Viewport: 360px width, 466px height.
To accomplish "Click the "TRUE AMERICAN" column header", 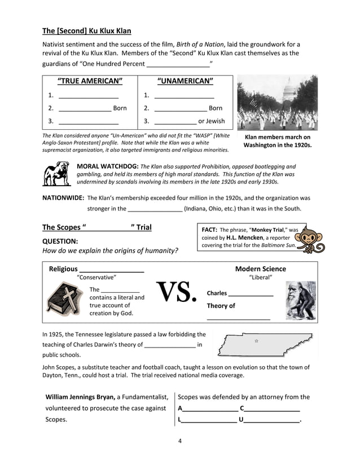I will (90, 81).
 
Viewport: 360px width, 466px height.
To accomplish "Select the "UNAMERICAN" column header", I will (185, 81).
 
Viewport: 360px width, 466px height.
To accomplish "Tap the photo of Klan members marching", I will (277, 102).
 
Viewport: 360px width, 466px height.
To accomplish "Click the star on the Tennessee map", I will (256, 341).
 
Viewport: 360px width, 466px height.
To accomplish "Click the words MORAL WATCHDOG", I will (107, 166).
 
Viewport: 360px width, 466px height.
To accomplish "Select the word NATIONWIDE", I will (63, 198).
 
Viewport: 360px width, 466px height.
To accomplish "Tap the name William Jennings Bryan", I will (80, 397).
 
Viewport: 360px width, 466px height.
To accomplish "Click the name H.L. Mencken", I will (244, 238).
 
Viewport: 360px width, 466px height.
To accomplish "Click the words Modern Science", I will (260, 269).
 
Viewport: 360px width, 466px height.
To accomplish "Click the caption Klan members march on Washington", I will (277, 141).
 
